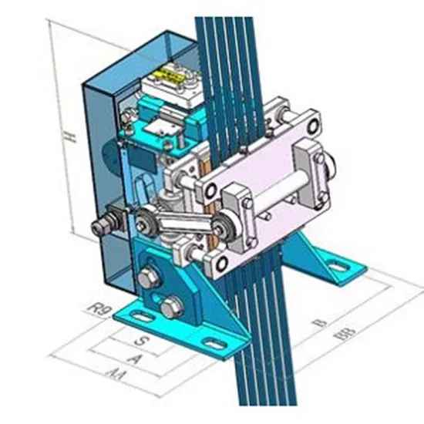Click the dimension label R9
(x=96, y=311)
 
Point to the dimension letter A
(x=136, y=358)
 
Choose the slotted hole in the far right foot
(x=339, y=268)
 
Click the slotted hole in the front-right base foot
(x=214, y=339)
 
